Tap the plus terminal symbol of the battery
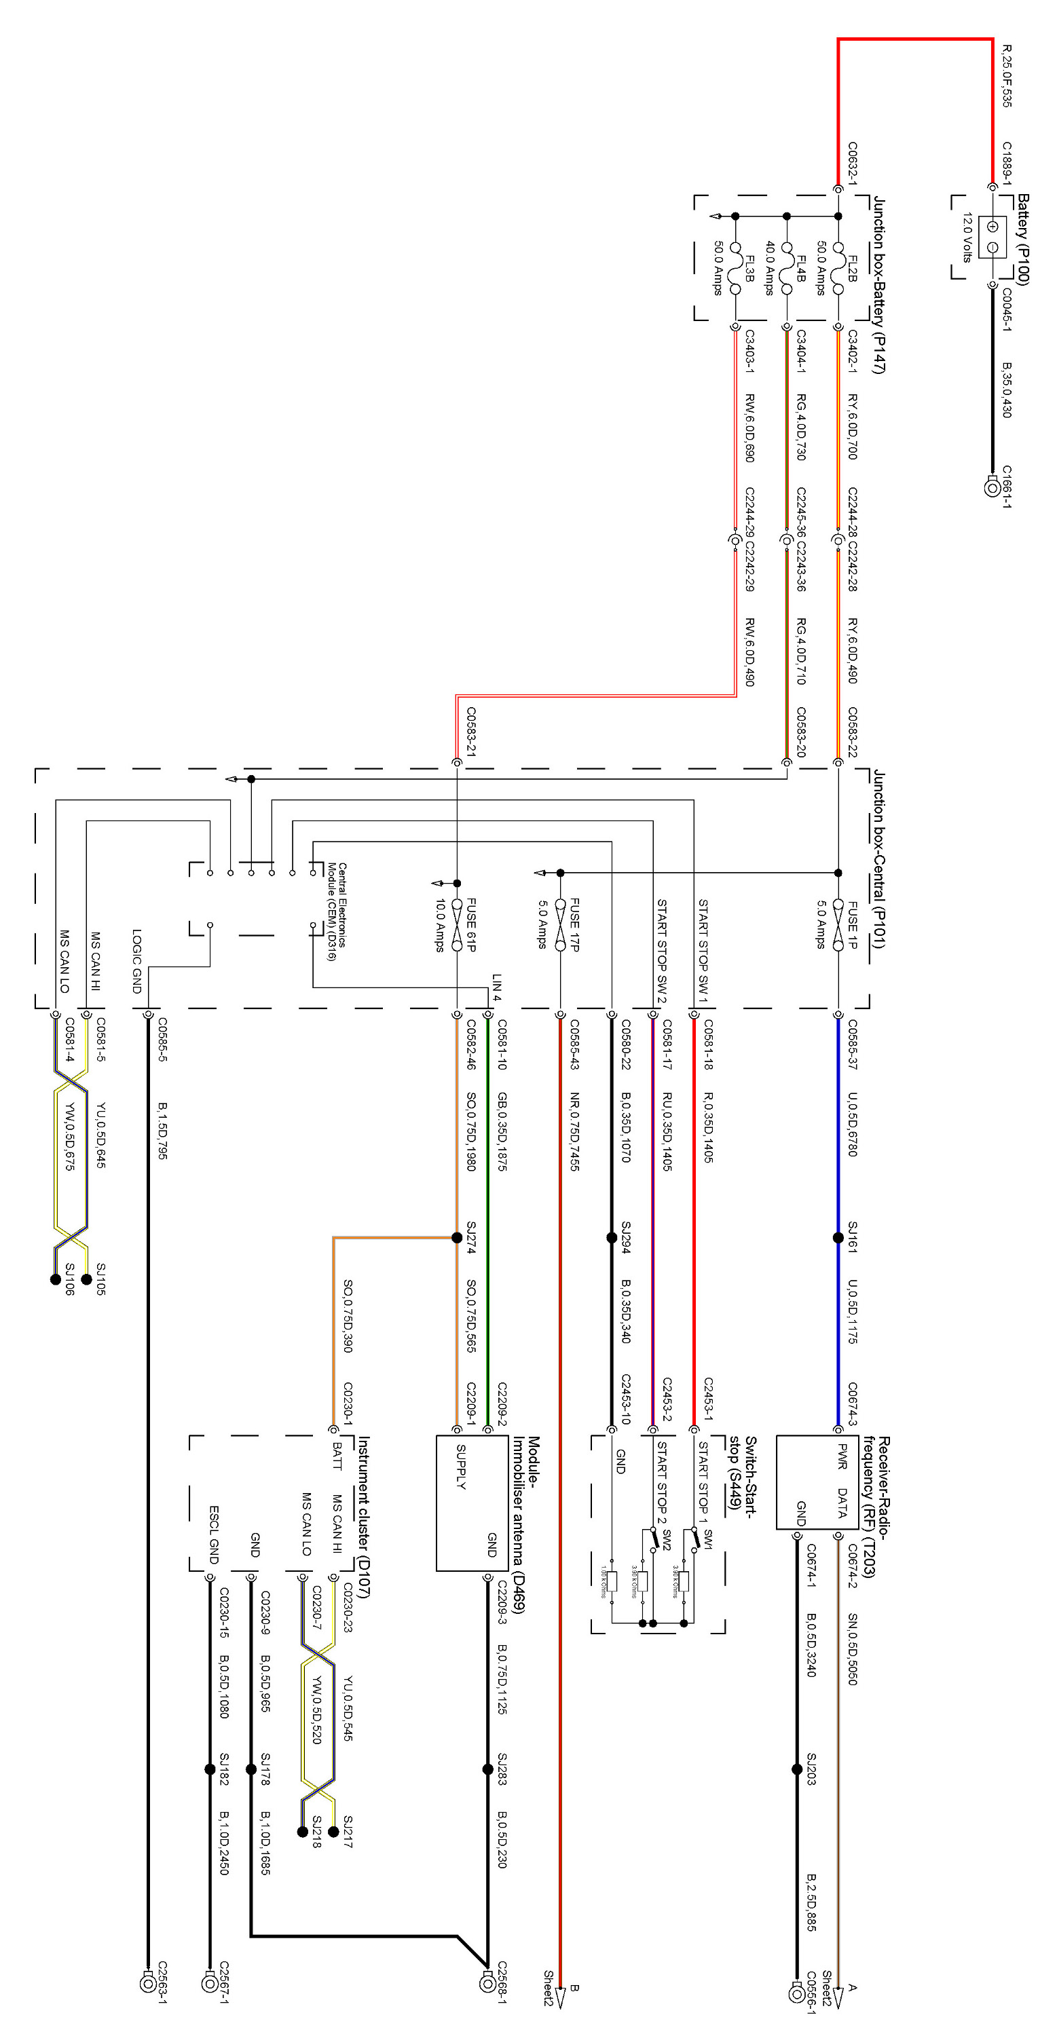coord(993,227)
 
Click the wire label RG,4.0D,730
coord(801,427)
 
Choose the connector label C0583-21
coord(470,732)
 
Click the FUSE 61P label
coord(471,925)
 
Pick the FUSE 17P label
coord(575,925)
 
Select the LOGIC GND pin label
coord(136,961)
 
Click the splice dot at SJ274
coord(457,1238)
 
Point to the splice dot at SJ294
coord(611,1238)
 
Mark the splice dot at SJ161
coord(838,1238)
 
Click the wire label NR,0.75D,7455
coord(575,1131)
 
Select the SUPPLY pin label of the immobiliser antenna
coord(461,1466)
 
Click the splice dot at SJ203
coord(797,1769)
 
